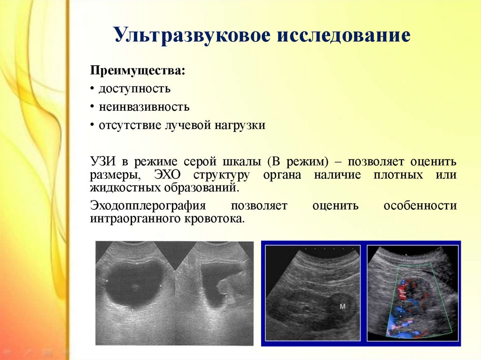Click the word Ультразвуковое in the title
point(192,35)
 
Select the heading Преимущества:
point(138,70)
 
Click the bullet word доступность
point(134,89)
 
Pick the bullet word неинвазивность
point(144,107)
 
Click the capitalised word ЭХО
point(168,175)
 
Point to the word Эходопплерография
point(148,206)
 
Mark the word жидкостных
point(125,188)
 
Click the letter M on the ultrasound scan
point(342,306)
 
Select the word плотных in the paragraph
point(398,175)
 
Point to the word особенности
point(420,206)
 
